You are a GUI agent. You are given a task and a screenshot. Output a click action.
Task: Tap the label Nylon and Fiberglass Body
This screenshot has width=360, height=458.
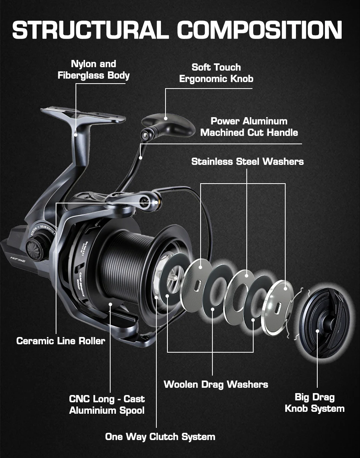pyautogui.click(x=94, y=69)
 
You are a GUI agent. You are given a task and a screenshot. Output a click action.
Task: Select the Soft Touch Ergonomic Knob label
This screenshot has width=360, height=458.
pyautogui.click(x=216, y=73)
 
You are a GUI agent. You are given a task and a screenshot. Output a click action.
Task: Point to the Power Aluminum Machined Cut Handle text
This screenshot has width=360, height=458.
pyautogui.click(x=249, y=127)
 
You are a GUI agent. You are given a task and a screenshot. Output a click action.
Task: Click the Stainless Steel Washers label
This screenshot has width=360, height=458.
pyautogui.click(x=247, y=161)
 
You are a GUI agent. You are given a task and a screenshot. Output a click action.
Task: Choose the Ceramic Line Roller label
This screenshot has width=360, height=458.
pyautogui.click(x=61, y=340)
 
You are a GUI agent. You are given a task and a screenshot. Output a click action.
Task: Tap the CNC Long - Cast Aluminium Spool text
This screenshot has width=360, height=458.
pyautogui.click(x=107, y=405)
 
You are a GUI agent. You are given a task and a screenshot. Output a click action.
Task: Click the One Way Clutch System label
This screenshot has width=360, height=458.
pyautogui.click(x=160, y=437)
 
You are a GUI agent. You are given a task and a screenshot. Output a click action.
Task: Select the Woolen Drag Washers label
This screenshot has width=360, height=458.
pyautogui.click(x=216, y=384)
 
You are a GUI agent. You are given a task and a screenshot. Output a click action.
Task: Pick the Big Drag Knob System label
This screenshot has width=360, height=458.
pyautogui.click(x=315, y=403)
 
